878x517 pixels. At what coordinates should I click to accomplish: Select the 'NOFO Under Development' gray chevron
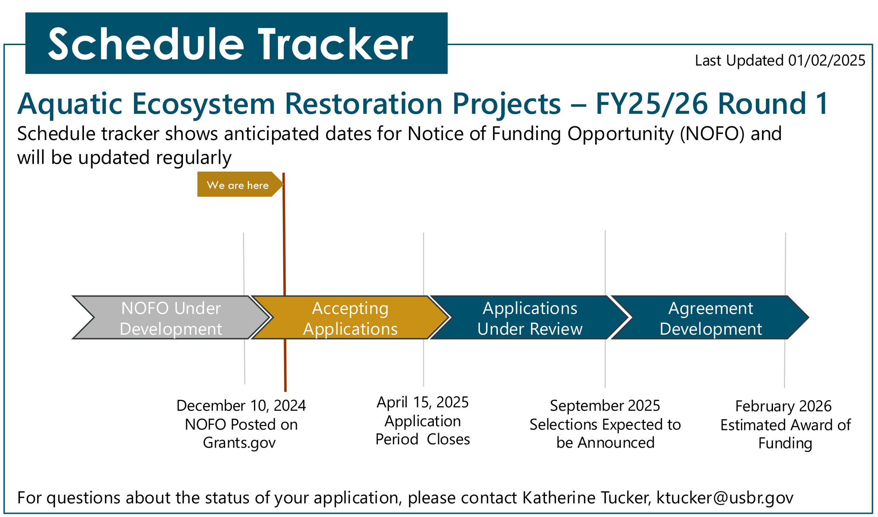point(171,318)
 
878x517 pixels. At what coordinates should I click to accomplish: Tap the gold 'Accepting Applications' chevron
point(350,318)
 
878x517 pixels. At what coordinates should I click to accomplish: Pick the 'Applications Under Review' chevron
point(529,318)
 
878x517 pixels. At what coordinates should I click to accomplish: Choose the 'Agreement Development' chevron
point(711,318)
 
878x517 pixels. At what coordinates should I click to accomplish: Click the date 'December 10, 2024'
point(241,405)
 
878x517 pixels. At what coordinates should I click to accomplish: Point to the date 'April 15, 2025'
point(423,402)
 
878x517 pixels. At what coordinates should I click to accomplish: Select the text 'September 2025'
point(605,405)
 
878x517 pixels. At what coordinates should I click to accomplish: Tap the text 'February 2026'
point(783,406)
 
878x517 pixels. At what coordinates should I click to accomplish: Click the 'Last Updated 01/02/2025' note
point(780,60)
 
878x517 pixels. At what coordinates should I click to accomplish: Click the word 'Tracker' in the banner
point(336,44)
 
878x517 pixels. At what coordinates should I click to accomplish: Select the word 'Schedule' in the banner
point(146,44)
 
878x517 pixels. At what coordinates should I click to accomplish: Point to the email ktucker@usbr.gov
point(725,498)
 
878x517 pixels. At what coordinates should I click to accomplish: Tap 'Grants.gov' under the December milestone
point(239,442)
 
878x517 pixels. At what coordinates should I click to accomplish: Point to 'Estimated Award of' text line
point(785,425)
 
